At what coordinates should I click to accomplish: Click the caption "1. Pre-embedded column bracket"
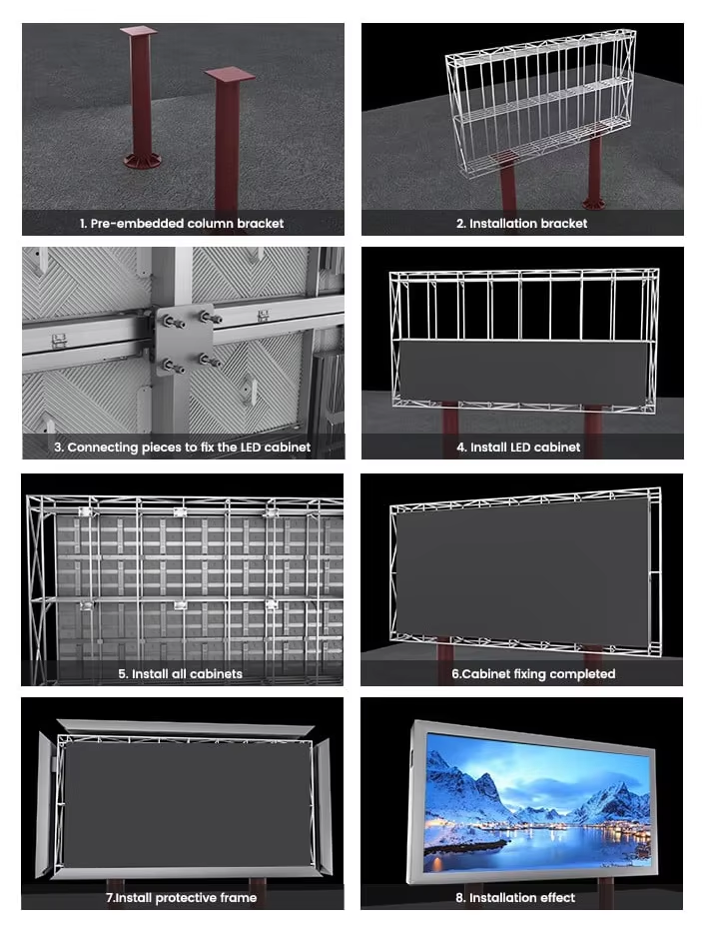182,224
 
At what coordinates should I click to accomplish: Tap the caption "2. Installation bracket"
521,224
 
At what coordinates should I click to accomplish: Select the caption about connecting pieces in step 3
182,448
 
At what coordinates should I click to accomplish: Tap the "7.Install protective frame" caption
182,897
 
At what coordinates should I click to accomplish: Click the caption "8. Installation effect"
521,897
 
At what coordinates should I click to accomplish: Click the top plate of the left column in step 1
139,31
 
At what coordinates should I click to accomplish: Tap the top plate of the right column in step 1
230,75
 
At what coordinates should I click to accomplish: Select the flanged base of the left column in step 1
140,159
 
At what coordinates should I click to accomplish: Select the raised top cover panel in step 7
185,726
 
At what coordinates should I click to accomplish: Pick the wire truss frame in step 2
539,95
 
